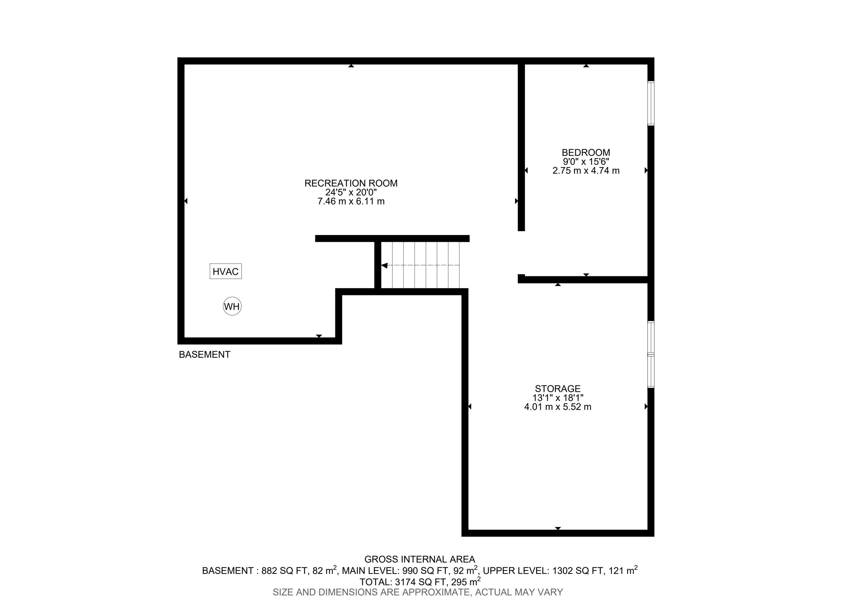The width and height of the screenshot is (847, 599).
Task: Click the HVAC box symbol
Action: (x=226, y=271)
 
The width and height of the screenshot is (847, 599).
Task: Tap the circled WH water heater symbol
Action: (x=232, y=306)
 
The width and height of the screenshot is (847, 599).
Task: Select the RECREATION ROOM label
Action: (x=351, y=183)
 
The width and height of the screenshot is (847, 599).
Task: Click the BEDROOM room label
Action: (x=586, y=152)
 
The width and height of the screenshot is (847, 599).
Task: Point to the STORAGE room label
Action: (x=558, y=389)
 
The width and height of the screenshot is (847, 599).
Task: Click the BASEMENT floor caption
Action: (x=205, y=354)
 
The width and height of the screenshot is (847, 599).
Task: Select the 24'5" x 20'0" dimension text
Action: (x=351, y=192)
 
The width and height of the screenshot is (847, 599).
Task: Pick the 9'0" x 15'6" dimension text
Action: (x=586, y=161)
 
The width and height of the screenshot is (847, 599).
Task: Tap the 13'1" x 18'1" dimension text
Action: (x=558, y=398)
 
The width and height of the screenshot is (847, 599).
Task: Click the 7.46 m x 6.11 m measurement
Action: (x=351, y=201)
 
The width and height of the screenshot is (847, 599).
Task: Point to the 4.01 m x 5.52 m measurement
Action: (x=558, y=407)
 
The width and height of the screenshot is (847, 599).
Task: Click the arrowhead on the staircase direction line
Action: (x=384, y=265)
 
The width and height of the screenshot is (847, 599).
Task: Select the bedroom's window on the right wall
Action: (x=651, y=103)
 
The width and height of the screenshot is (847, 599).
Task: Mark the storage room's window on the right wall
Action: (x=651, y=354)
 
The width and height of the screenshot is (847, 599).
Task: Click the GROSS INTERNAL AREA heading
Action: (x=420, y=559)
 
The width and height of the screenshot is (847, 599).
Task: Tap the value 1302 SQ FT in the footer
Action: (x=578, y=571)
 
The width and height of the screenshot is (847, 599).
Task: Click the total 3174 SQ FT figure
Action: (x=417, y=582)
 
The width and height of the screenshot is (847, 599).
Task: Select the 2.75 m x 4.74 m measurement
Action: (x=586, y=171)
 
